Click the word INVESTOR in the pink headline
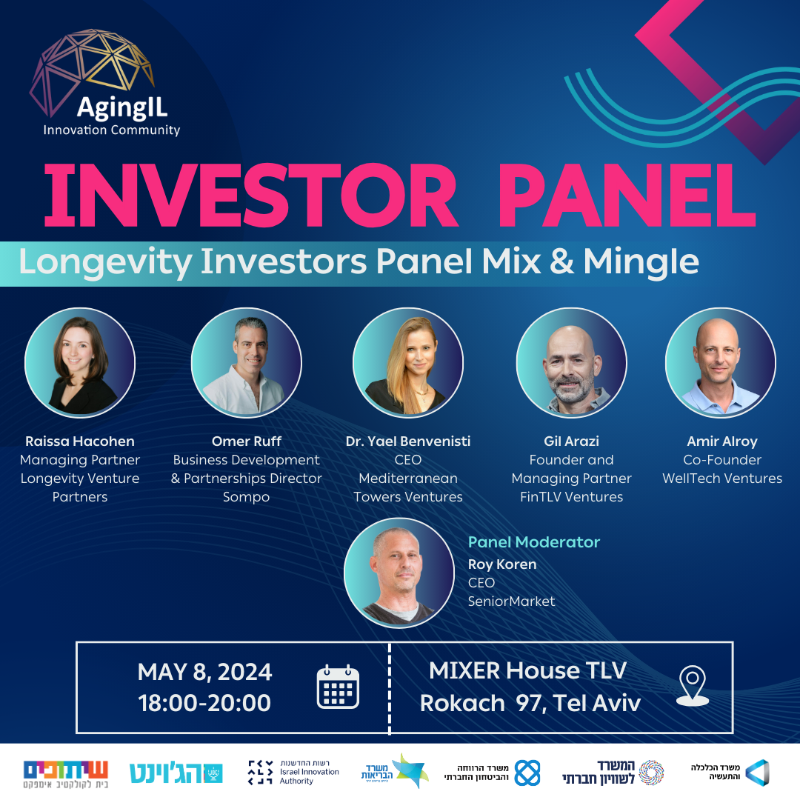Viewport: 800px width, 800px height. tap(250, 196)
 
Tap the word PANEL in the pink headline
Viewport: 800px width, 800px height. tap(627, 196)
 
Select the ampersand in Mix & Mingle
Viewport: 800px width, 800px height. tap(561, 261)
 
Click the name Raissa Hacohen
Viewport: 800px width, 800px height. tap(80, 441)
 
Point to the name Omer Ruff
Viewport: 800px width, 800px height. tap(247, 441)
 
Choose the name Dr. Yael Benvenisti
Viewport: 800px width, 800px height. tap(408, 441)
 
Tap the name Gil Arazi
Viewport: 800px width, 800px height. tap(571, 441)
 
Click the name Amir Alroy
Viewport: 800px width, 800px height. tap(722, 441)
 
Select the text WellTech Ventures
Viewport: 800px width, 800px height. tap(722, 479)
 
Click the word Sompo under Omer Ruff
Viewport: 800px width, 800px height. tap(247, 498)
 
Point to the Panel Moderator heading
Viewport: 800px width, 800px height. tap(533, 541)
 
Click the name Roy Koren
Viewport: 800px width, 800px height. tap(502, 564)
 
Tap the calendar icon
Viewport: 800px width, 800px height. tap(338, 687)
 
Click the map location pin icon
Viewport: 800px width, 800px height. tap(693, 686)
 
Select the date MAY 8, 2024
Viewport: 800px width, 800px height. tap(204, 672)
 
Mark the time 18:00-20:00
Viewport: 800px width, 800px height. tap(204, 703)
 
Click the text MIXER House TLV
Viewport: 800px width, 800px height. tap(527, 670)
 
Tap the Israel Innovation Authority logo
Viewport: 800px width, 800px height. tap(293, 772)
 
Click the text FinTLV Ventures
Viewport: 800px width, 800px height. tap(571, 498)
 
